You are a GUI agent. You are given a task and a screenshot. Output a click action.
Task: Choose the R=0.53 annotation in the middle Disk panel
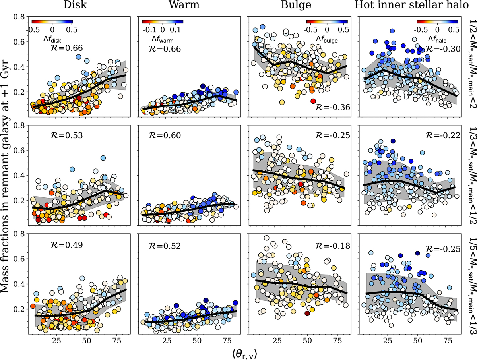coord(67,137)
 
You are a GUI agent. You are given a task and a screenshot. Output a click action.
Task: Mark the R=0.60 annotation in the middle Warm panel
coord(177,137)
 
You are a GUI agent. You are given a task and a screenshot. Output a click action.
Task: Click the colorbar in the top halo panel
coord(437,22)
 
